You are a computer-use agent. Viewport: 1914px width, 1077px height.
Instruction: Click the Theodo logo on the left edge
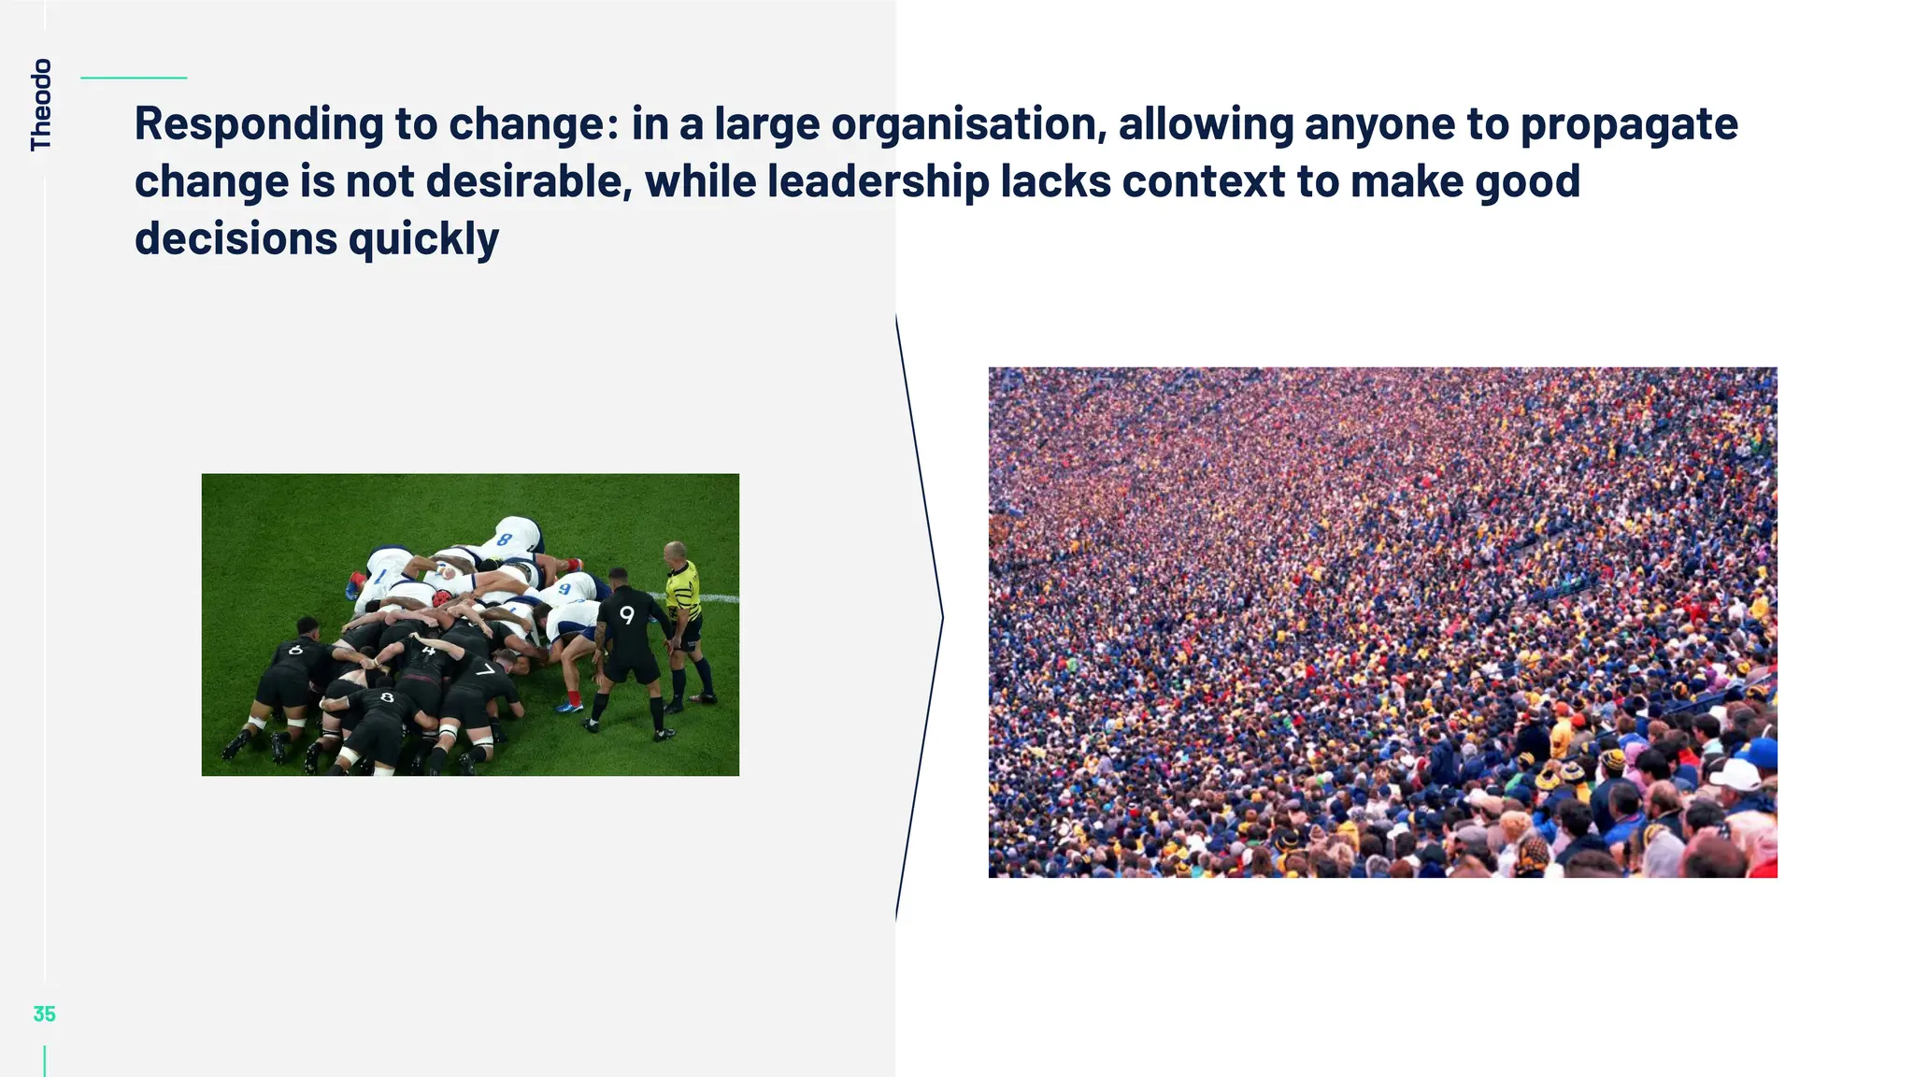click(x=41, y=104)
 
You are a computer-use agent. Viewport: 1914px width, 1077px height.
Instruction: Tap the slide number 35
click(x=44, y=1013)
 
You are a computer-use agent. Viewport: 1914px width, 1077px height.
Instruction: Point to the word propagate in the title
click(x=1629, y=124)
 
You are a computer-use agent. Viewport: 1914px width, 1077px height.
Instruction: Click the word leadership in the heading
click(x=878, y=181)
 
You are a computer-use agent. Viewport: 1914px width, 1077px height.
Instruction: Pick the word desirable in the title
click(x=529, y=181)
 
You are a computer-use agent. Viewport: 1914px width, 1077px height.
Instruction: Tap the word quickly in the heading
click(x=423, y=239)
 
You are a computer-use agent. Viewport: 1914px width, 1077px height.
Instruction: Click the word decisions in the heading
click(x=236, y=239)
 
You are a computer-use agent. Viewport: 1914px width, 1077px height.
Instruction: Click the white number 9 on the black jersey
click(x=627, y=614)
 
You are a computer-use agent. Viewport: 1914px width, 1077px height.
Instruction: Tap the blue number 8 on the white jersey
click(x=505, y=539)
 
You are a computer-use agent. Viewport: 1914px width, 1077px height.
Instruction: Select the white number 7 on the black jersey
click(x=484, y=669)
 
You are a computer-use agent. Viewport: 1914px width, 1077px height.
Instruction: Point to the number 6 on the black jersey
click(x=296, y=649)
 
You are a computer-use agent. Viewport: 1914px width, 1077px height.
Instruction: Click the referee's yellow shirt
click(x=681, y=588)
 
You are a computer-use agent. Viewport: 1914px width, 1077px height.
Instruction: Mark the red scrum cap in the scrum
click(x=440, y=596)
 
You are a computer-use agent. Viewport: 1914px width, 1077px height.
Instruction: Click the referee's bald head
click(x=674, y=549)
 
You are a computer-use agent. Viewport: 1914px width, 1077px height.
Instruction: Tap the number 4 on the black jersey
click(x=427, y=650)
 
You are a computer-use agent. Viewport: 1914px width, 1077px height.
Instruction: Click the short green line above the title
click(x=134, y=78)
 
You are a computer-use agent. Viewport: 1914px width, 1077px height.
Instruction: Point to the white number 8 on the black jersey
click(x=387, y=696)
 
